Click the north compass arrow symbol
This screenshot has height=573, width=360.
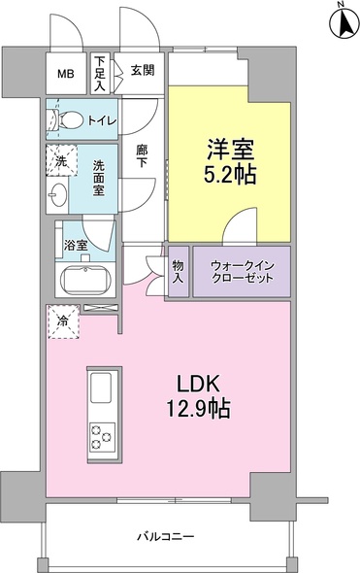click(x=342, y=21)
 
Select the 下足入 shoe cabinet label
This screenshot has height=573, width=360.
click(x=100, y=73)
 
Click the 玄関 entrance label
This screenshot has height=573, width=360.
click(x=142, y=70)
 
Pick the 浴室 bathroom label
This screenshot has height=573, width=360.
click(x=76, y=245)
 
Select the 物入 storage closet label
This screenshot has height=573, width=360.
click(x=179, y=272)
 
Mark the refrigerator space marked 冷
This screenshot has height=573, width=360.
click(x=62, y=321)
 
